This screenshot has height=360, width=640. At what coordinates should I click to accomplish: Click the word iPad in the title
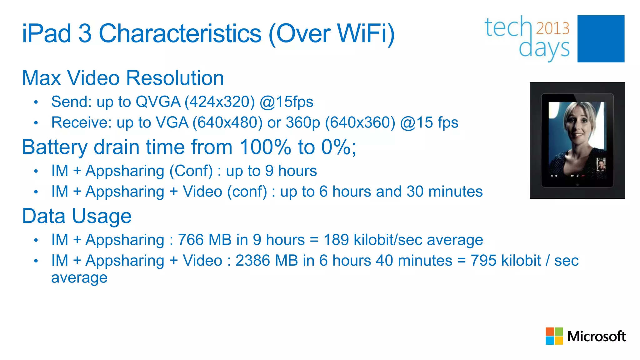click(46, 33)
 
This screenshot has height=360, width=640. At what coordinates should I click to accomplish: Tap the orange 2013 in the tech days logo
click(552, 28)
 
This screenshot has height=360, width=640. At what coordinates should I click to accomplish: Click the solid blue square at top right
click(601, 39)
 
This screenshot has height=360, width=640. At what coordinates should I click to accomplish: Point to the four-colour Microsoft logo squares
click(554, 336)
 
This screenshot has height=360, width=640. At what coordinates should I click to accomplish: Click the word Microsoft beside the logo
click(596, 337)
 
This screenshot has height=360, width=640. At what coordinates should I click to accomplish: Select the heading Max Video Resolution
click(123, 78)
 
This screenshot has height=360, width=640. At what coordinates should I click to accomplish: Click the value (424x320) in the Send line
click(220, 102)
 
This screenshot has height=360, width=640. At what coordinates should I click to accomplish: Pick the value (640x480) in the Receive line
click(227, 122)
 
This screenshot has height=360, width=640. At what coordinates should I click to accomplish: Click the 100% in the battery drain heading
click(265, 147)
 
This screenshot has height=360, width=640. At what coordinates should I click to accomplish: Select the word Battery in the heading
click(55, 147)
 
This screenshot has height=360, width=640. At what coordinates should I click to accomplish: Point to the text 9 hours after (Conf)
click(291, 171)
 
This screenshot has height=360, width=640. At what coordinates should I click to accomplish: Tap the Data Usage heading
click(77, 216)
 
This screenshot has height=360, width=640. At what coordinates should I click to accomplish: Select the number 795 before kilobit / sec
click(483, 261)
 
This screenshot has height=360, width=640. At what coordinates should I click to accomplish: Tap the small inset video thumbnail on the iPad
click(601, 165)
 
